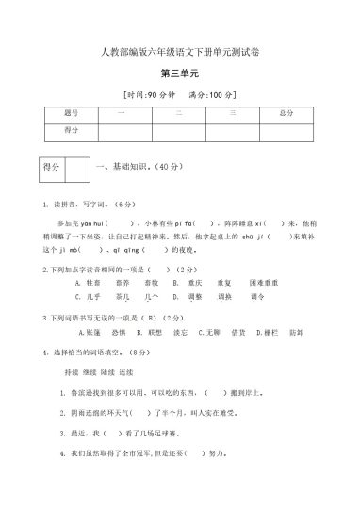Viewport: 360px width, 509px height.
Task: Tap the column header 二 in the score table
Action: tap(176, 114)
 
